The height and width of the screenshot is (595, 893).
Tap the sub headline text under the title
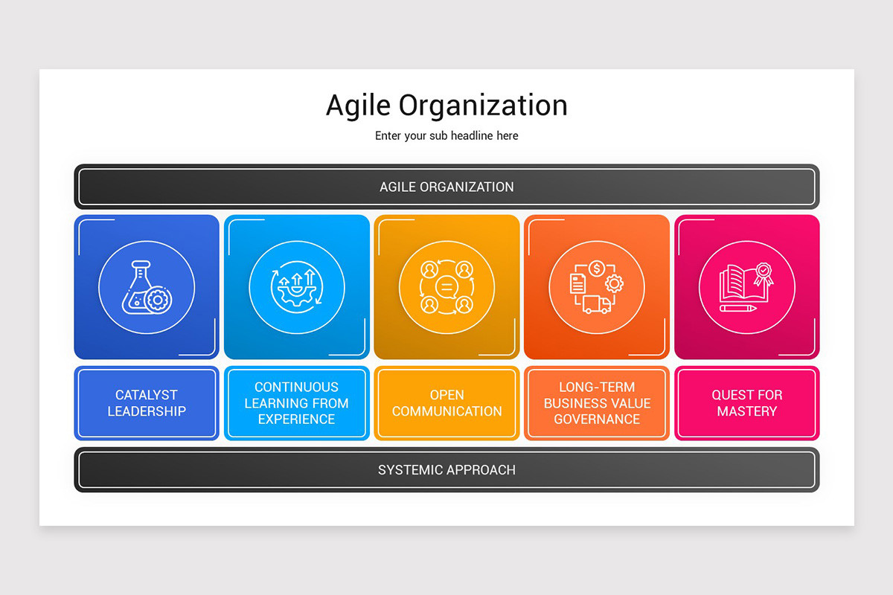click(x=446, y=135)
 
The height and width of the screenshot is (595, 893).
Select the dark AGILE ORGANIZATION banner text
click(x=446, y=187)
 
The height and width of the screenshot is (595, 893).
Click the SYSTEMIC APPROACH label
click(x=446, y=470)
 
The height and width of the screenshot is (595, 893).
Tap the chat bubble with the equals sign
click(x=446, y=286)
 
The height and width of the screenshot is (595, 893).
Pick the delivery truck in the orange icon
click(x=597, y=304)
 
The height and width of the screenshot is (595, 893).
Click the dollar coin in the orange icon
click(x=597, y=268)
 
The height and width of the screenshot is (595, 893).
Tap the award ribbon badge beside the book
click(x=763, y=274)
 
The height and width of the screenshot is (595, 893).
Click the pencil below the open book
click(x=738, y=308)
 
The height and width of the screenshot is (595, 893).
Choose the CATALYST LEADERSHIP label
click(x=147, y=403)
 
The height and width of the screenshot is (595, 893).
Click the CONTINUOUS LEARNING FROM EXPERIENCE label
click(x=296, y=403)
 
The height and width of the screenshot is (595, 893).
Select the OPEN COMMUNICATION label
click(x=446, y=403)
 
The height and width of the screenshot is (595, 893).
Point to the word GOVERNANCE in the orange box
click(x=597, y=419)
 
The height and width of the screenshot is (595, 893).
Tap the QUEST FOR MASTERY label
click(x=746, y=403)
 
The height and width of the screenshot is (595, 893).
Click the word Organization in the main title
click(x=483, y=106)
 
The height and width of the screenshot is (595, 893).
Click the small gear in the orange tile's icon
click(x=614, y=283)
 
